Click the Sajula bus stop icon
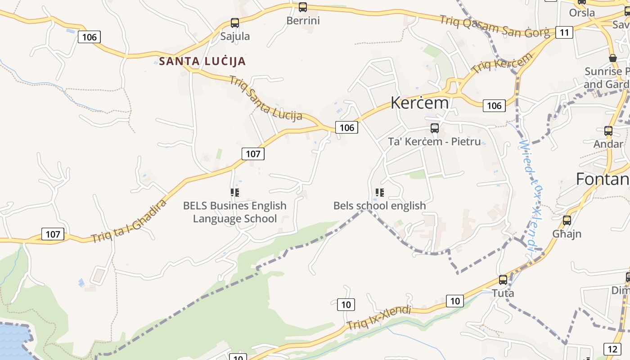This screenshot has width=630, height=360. [x=234, y=22]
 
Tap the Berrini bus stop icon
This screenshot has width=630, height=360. [x=303, y=7]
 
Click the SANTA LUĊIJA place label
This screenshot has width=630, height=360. [x=202, y=61]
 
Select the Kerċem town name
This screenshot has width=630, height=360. [x=419, y=103]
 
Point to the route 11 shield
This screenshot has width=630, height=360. [x=564, y=32]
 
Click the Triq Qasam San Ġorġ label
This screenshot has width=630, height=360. [x=494, y=26]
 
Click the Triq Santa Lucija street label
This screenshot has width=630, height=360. [x=265, y=98]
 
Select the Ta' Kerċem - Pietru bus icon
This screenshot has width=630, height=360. [x=434, y=128]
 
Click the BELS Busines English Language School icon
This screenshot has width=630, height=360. [x=234, y=193]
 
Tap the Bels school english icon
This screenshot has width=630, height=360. [x=379, y=193]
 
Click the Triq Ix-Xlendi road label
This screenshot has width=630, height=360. [x=379, y=318]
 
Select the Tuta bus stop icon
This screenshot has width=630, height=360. [x=503, y=279]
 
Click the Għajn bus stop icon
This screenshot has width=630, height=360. [x=567, y=220]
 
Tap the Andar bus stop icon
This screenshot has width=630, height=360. [x=608, y=131]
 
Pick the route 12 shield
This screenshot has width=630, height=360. [x=612, y=349]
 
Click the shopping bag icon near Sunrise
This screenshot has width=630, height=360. [x=612, y=58]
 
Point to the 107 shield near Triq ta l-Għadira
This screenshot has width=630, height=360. [x=53, y=234]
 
